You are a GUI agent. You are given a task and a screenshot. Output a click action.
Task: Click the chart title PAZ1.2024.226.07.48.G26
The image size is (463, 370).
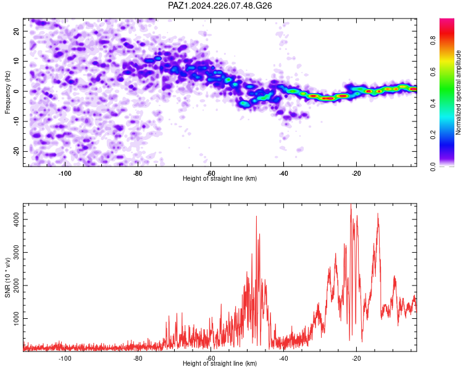(220, 6)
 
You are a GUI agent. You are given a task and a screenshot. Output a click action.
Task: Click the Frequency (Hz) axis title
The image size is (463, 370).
(7, 92)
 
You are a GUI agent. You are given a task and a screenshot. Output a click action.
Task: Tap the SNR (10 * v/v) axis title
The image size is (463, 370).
(7, 277)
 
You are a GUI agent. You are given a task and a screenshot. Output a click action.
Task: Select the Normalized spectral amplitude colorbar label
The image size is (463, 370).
(458, 92)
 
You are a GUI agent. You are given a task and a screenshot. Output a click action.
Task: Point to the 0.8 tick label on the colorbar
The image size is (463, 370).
(433, 40)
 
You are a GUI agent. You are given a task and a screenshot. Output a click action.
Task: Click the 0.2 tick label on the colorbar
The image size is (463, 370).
(433, 134)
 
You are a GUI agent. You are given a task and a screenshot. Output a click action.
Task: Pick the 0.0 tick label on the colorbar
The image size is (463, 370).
(433, 166)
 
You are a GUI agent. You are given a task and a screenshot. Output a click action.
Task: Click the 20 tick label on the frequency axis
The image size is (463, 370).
(16, 31)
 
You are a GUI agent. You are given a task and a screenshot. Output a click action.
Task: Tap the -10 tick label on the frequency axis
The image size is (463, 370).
(16, 121)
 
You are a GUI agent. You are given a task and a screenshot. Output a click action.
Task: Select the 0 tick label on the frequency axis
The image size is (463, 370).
(16, 91)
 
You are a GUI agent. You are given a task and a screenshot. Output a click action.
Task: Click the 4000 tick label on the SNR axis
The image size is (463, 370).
(16, 220)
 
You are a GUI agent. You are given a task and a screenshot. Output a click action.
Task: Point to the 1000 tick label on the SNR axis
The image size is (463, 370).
(16, 319)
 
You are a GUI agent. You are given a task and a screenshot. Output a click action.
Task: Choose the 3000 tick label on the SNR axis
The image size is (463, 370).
(16, 253)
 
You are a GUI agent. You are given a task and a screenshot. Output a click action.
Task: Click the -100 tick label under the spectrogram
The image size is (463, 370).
(65, 173)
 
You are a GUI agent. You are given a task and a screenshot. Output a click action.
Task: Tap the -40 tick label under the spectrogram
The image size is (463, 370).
(283, 173)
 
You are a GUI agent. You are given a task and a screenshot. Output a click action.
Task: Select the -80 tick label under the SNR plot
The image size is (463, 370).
(138, 358)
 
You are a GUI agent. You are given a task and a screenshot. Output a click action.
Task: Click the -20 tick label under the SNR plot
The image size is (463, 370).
(356, 358)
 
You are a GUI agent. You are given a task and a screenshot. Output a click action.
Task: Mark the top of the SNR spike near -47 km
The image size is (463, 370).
(256, 216)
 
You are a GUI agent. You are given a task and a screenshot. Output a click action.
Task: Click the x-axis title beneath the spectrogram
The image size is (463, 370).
(220, 178)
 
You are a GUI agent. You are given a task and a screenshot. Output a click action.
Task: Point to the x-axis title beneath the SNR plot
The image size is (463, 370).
(220, 363)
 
